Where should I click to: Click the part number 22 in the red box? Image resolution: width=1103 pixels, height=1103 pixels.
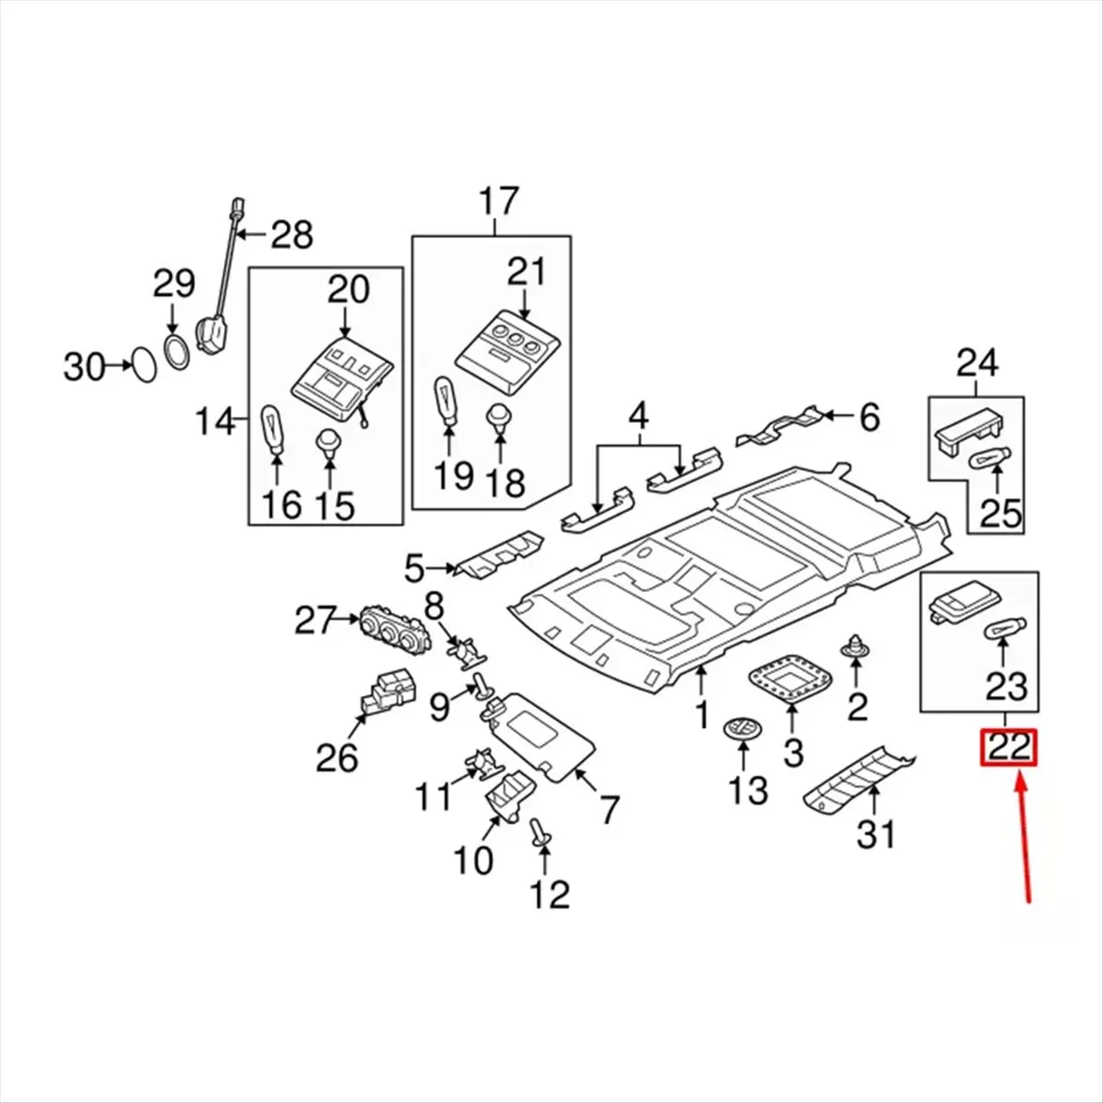pos(1008,747)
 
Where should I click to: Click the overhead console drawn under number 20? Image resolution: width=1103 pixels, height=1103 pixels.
pos(339,374)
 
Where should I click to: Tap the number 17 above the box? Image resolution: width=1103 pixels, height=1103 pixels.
pos(497,201)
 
